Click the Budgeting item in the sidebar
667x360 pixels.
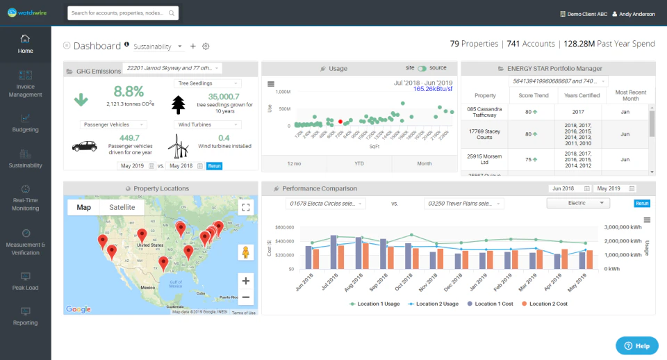pos(25,122)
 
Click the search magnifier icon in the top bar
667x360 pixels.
pos(172,13)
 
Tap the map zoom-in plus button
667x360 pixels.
pos(245,281)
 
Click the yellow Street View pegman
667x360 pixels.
pos(245,252)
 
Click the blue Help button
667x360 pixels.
pos(636,345)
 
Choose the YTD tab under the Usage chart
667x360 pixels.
pos(359,163)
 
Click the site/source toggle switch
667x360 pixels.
pos(422,68)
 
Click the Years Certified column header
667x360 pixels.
pos(581,95)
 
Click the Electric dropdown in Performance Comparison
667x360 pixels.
pos(578,203)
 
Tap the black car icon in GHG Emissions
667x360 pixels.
pos(84,147)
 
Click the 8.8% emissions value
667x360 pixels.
pos(129,92)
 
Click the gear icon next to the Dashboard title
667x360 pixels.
pos(206,47)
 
